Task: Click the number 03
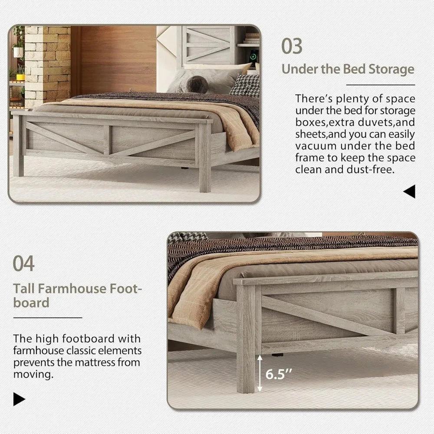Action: [x=292, y=46]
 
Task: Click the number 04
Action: [x=23, y=263]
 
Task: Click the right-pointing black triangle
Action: [x=19, y=399]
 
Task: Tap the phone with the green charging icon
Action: [x=254, y=58]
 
